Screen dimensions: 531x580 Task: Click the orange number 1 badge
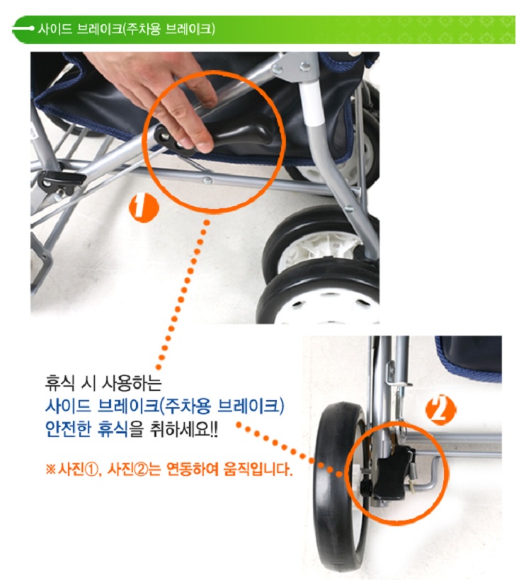click(x=144, y=208)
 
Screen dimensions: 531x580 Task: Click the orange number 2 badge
click(x=441, y=409)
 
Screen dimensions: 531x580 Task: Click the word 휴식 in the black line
click(x=59, y=383)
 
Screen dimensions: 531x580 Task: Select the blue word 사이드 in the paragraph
click(x=68, y=406)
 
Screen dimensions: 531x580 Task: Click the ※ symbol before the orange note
click(x=50, y=470)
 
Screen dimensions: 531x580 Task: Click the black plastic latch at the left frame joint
click(x=61, y=180)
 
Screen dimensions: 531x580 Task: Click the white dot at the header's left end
click(x=32, y=28)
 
